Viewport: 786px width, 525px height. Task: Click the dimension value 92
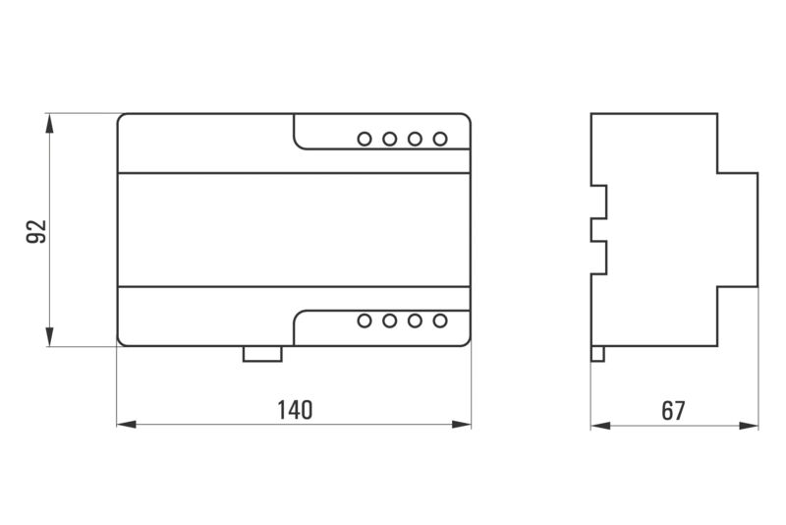click(36, 231)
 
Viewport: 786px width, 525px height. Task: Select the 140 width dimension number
click(295, 410)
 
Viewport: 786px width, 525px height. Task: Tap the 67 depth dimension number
click(673, 411)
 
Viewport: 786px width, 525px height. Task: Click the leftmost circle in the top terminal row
click(365, 139)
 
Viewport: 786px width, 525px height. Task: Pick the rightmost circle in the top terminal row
click(440, 139)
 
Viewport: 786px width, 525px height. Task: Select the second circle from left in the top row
click(389, 139)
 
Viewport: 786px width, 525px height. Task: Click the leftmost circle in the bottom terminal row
click(365, 321)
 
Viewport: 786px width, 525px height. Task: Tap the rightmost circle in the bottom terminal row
click(440, 321)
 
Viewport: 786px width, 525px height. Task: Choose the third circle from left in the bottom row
click(415, 321)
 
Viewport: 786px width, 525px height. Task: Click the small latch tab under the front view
click(262, 354)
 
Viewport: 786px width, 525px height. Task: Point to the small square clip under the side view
click(597, 354)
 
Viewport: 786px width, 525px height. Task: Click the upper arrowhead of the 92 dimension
click(49, 123)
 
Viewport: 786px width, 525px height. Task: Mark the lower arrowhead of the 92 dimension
click(49, 337)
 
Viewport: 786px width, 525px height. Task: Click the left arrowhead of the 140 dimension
click(127, 425)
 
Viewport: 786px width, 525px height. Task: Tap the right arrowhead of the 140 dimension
click(461, 425)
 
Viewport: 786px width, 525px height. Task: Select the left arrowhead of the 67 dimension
click(600, 426)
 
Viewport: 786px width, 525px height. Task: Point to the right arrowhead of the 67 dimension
click(749, 426)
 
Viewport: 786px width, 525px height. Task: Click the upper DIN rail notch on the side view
click(599, 203)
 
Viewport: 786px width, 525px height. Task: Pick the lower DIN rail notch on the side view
click(599, 258)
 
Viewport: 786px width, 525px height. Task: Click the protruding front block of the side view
click(738, 230)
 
